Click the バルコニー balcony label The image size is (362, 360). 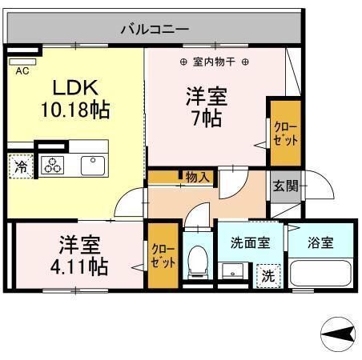coord(155,29)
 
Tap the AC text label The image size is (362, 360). coord(22,71)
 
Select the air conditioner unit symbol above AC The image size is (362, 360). coord(22,62)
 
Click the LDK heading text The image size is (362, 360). coord(75,87)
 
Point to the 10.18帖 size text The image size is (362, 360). coord(75,110)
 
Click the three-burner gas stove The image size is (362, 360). coord(53,165)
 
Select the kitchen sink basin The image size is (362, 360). coord(93,166)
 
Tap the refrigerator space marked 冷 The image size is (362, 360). coord(21,166)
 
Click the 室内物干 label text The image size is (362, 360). coord(214,62)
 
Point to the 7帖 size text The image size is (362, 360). coord(207,118)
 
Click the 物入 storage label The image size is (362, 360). coord(198,177)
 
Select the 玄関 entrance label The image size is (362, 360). coord(285,186)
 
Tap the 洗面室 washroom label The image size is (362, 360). coord(250,242)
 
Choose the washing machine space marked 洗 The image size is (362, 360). coord(268,276)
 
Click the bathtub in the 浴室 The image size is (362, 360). coord(320,274)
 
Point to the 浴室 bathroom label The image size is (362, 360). coord(320,242)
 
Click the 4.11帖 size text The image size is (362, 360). coord(79,266)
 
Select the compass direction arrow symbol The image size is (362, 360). coord(338,334)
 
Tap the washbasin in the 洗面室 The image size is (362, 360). coord(232,271)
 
